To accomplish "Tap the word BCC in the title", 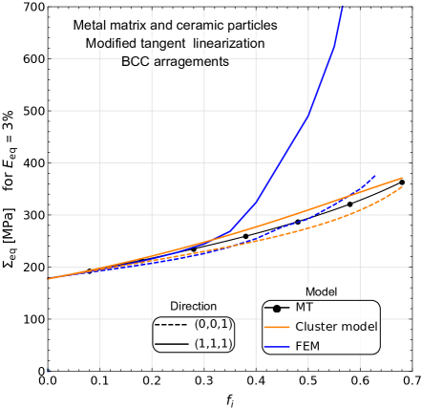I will (136, 62).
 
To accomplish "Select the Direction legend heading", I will (194, 306).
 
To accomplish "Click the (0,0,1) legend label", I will (214, 325).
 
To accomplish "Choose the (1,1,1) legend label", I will (214, 343).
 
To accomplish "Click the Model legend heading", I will (320, 291).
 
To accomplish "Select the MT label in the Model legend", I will (305, 308).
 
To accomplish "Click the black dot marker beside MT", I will (278, 308).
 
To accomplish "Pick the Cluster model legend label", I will (336, 326).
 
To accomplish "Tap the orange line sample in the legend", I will (278, 326).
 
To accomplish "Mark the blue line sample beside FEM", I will (278, 344).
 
